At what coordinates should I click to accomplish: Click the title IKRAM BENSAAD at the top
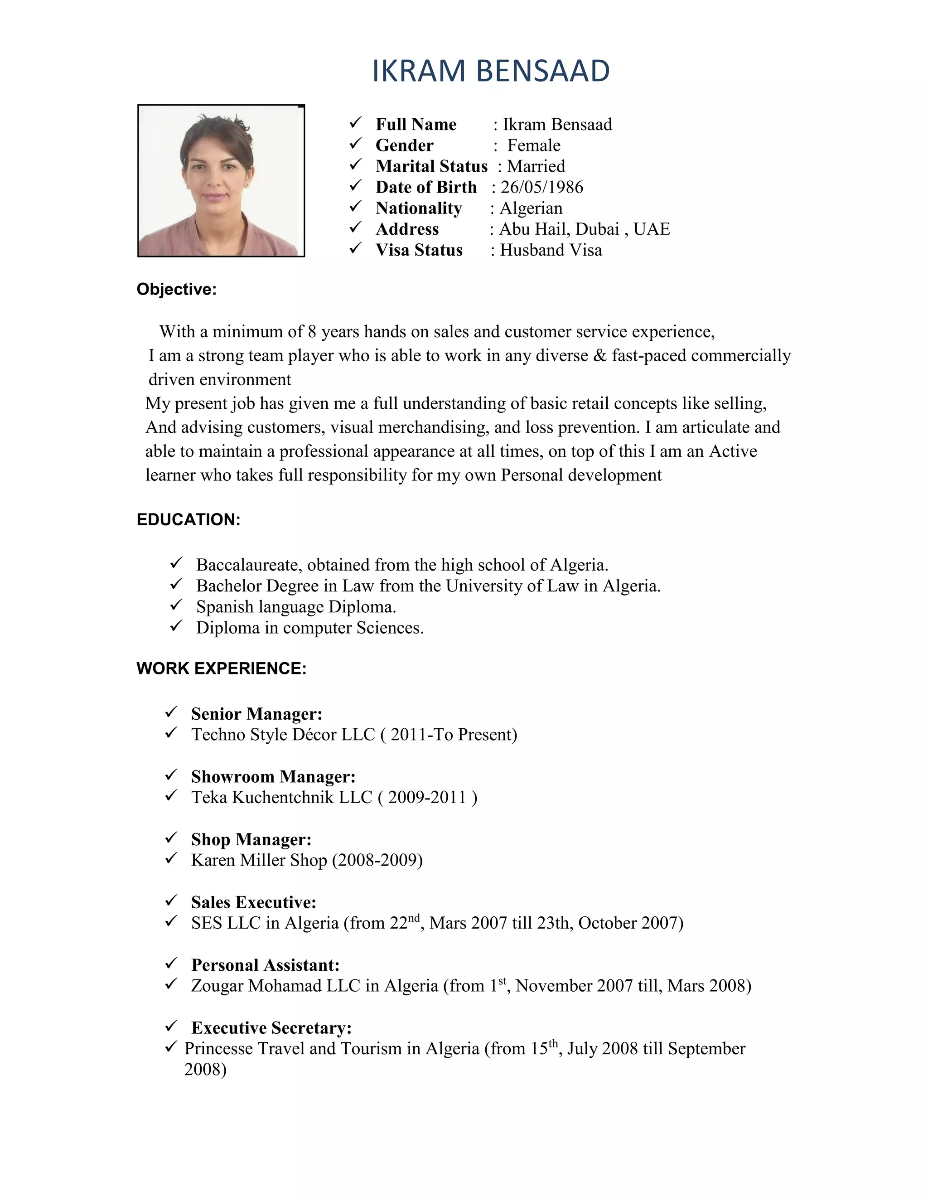(490, 72)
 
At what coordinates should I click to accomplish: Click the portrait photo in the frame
(221, 181)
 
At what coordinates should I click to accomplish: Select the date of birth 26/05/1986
(541, 188)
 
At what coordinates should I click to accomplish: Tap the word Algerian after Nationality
(531, 208)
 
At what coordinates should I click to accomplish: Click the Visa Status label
(419, 250)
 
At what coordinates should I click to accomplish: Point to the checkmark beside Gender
(356, 144)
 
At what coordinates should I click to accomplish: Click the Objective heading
(176, 289)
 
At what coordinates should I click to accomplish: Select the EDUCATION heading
(188, 520)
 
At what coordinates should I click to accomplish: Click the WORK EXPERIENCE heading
(221, 668)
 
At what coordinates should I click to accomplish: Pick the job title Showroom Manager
(273, 777)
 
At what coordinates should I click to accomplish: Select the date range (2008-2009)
(377, 860)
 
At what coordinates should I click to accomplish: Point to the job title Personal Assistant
(265, 965)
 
